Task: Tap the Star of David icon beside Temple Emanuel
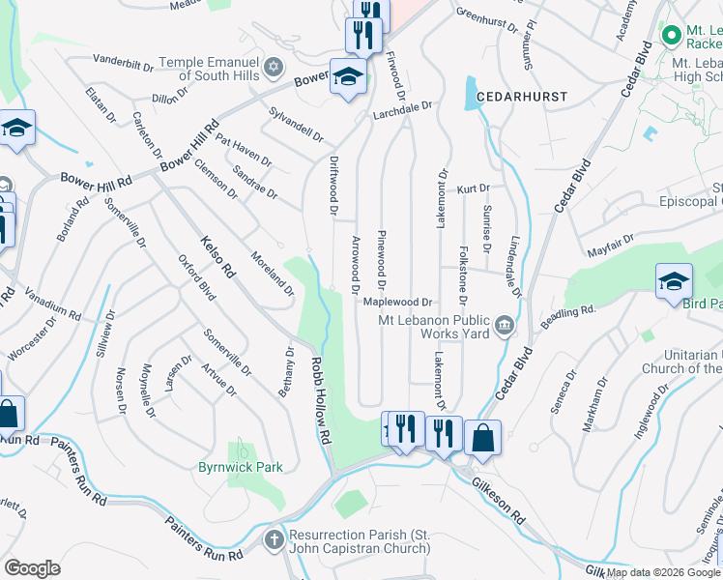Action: coord(275,67)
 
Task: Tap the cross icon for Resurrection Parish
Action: coord(275,537)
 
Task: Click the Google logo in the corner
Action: coord(32,568)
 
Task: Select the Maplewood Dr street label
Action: coord(396,302)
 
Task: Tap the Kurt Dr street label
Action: coord(474,188)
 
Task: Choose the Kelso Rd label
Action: coord(217,257)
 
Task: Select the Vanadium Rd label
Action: coord(55,307)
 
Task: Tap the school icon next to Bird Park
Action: coord(674,281)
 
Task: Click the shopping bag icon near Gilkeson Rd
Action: coord(482,437)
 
